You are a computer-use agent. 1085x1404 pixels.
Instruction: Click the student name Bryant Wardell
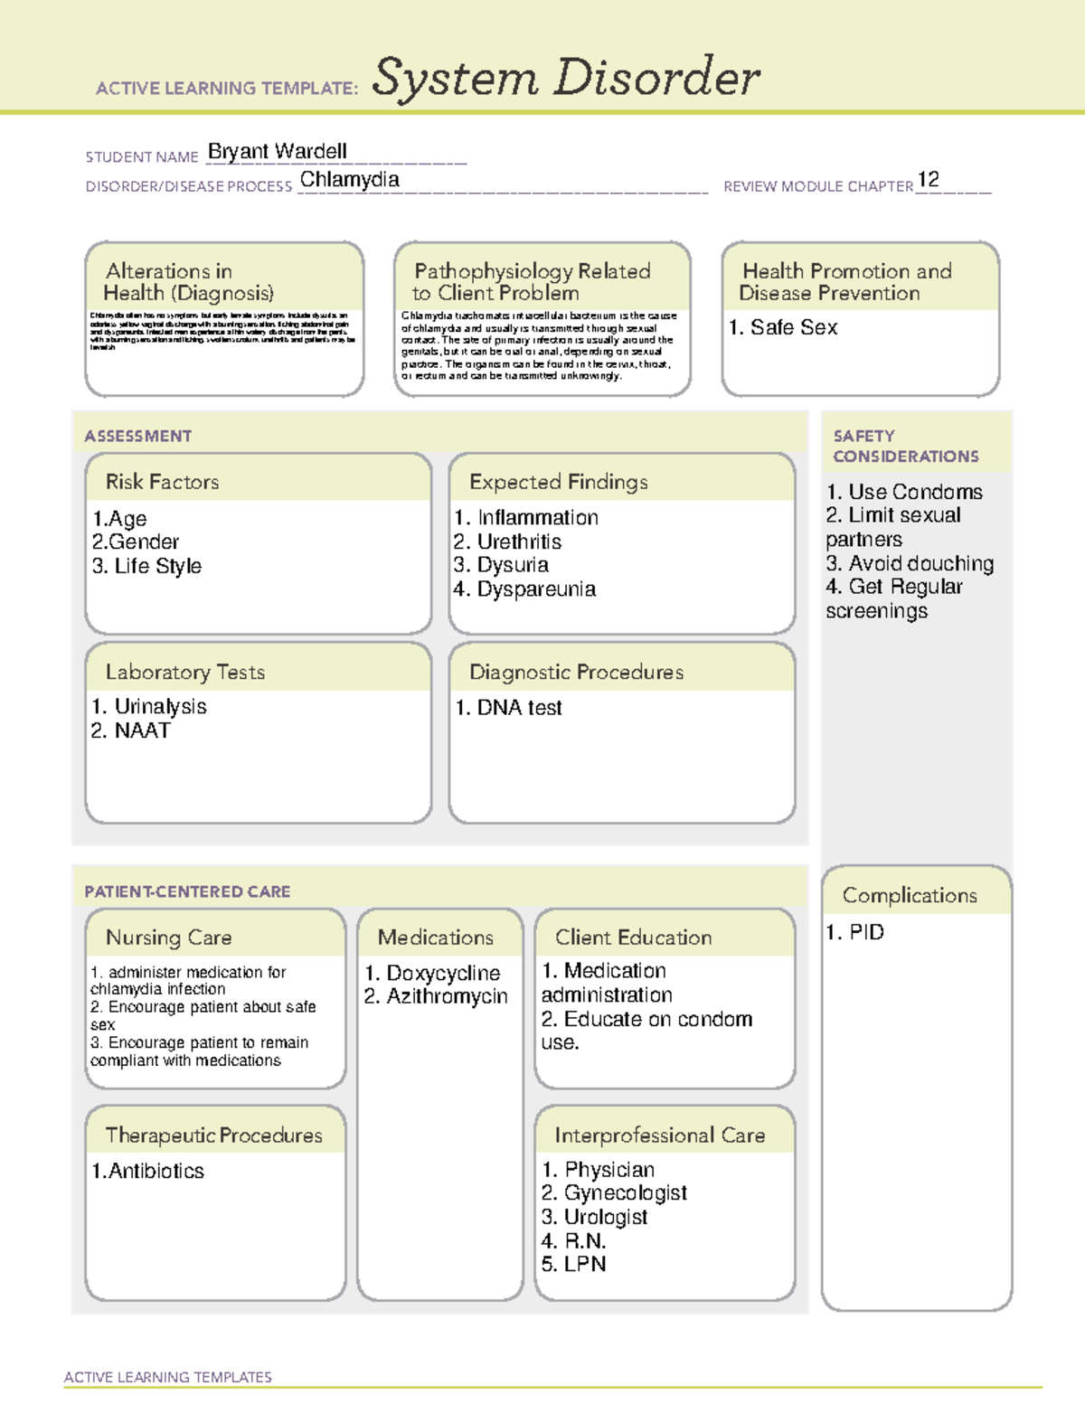pos(278,151)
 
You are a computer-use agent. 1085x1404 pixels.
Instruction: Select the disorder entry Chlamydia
pos(349,180)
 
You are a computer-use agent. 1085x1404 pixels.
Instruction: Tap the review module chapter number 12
pos(928,179)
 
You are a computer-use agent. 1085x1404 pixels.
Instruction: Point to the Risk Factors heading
pos(162,482)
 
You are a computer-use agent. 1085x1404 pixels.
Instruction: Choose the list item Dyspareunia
pos(535,589)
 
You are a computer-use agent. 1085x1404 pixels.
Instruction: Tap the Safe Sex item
pos(793,327)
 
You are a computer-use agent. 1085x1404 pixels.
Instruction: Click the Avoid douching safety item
pos(920,563)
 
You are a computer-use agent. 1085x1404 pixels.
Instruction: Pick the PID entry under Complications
pos(865,932)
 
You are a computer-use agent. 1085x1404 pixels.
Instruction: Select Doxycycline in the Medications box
pos(442,973)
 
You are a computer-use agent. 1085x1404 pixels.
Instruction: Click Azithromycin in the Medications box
pos(447,996)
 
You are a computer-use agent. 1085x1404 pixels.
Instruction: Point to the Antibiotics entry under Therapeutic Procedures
pos(156,1171)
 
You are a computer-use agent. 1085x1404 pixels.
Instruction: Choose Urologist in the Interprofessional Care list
pos(605,1217)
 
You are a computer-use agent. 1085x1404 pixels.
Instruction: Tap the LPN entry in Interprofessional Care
pos(584,1264)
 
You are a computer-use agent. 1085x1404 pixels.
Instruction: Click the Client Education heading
pos(633,938)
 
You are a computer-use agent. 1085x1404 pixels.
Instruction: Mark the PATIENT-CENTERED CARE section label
pos(187,891)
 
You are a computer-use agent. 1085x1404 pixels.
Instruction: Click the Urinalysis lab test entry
pos(159,707)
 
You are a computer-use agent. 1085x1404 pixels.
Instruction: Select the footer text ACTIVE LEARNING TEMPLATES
pos(167,1377)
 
